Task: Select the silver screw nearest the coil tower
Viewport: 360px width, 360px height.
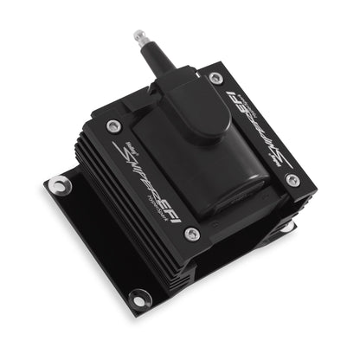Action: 215,78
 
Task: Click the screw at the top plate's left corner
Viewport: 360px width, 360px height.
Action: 112,127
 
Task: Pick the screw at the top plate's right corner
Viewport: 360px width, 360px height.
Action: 292,180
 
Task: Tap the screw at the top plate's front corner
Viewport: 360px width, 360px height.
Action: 191,234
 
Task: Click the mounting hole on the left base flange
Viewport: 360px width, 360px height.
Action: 58,183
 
